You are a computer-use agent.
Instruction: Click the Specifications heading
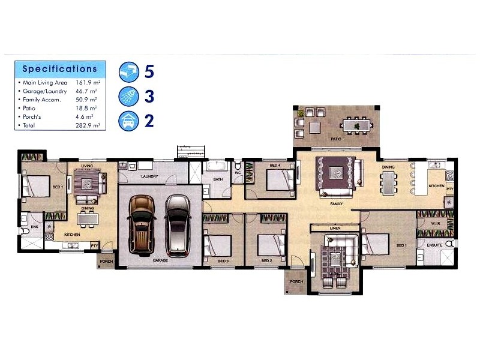point(59,69)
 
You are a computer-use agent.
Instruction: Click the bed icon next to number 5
point(128,71)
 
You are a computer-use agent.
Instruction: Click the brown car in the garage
point(142,223)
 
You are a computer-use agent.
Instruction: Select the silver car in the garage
point(177,223)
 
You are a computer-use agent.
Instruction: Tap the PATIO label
point(337,139)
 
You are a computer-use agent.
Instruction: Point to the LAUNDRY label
point(149,176)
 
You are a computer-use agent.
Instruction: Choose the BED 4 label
point(275,165)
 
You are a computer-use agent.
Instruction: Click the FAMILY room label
point(336,204)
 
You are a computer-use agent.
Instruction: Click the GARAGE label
point(160,260)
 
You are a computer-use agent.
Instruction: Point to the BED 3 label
point(223,261)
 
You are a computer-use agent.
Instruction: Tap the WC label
point(238,173)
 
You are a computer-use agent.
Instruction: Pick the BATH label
point(217,178)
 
